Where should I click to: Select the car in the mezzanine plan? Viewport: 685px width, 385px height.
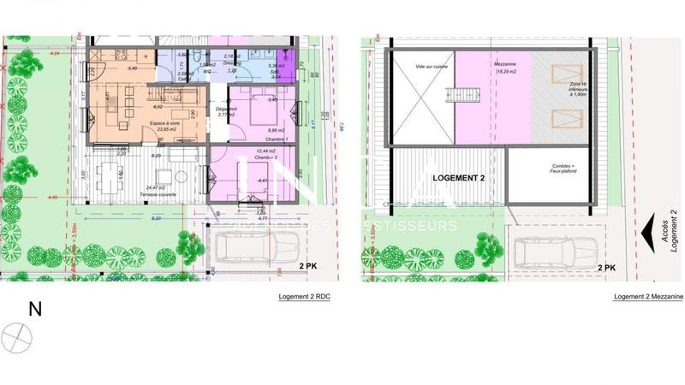(551, 252)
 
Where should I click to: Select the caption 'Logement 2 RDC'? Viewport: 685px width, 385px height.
(305, 296)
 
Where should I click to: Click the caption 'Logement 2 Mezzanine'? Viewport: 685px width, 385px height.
(648, 296)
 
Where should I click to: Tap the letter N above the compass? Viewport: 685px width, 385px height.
(35, 310)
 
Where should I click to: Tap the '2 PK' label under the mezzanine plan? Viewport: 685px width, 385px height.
(605, 268)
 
